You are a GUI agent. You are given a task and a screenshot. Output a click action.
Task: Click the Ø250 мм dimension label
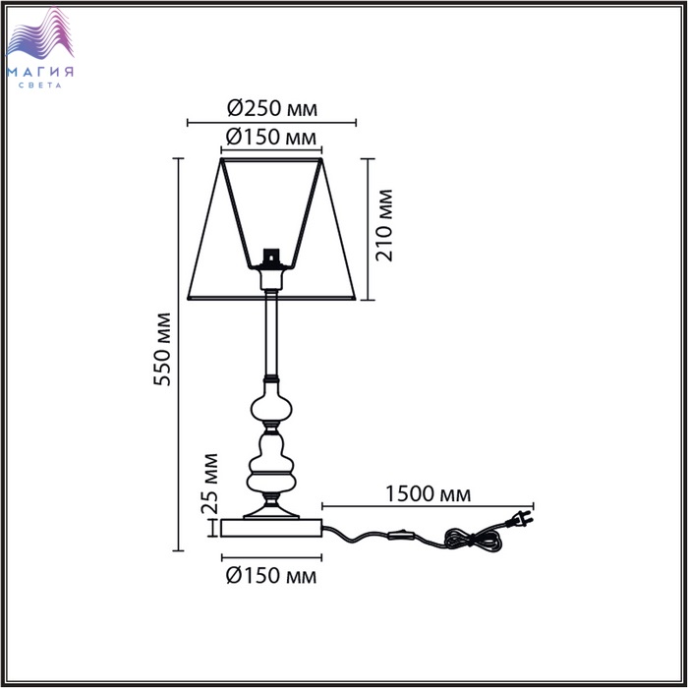(272, 108)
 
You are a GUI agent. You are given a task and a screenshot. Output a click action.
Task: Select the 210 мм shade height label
(384, 225)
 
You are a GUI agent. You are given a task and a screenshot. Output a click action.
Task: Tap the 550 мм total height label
(162, 349)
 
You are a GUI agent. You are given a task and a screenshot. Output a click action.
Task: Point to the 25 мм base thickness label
(209, 484)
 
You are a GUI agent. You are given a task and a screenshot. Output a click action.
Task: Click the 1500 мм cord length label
(428, 494)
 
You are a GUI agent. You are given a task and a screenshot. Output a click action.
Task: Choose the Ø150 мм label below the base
(270, 576)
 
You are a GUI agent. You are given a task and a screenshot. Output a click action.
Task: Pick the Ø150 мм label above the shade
(270, 138)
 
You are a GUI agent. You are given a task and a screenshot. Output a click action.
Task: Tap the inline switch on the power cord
(401, 535)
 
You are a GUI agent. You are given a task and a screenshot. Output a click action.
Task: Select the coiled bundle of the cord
(473, 540)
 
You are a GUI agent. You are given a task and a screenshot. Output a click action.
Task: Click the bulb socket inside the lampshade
(270, 258)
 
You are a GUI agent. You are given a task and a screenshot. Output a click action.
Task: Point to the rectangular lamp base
(271, 528)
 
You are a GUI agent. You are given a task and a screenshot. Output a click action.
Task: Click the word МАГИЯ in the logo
(40, 72)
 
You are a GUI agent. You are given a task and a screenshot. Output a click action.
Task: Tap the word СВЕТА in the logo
(40, 86)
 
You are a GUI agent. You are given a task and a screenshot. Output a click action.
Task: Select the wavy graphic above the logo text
(40, 34)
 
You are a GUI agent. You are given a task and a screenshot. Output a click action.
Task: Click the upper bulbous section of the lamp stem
(271, 403)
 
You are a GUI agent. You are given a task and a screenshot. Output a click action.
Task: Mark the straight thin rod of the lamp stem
(271, 333)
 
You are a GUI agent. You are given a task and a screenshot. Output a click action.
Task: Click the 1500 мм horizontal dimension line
(428, 506)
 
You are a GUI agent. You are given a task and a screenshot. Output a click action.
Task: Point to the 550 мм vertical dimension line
(178, 355)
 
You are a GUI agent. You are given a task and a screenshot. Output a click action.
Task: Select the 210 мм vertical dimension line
(368, 229)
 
